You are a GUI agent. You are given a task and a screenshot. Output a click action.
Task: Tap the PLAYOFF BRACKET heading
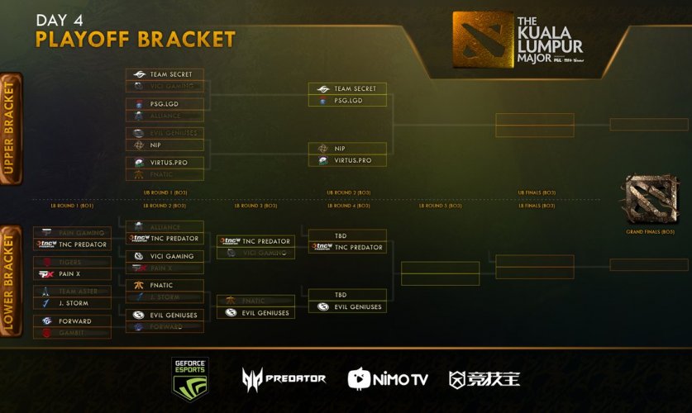[136, 40]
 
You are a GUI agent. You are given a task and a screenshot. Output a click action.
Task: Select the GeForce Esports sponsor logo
[189, 378]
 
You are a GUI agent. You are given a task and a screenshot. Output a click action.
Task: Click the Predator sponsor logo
[284, 378]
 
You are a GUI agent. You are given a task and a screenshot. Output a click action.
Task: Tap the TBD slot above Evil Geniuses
[346, 295]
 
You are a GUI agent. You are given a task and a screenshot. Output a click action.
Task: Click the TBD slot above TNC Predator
[346, 235]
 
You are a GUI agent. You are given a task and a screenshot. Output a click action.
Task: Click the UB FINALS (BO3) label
[536, 192]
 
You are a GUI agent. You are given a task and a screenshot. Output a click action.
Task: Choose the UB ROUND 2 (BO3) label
[348, 192]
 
